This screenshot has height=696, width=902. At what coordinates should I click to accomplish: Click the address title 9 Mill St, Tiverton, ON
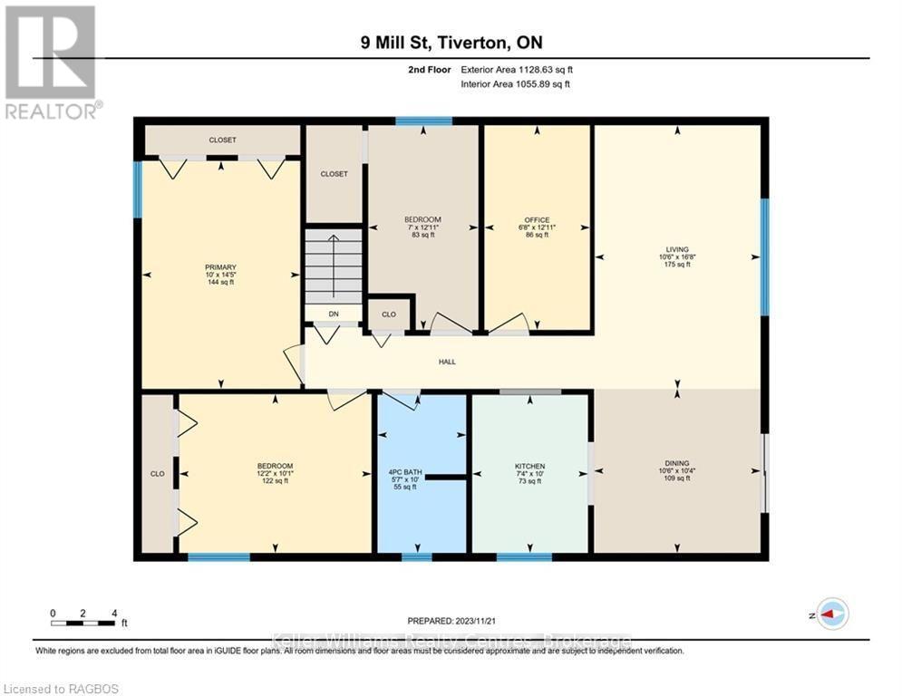(450, 43)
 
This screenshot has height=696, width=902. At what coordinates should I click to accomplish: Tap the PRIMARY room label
(220, 267)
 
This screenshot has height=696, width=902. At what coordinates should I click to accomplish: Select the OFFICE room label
(537, 220)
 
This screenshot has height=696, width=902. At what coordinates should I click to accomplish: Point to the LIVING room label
(677, 249)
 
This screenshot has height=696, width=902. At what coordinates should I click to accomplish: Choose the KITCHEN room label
(529, 467)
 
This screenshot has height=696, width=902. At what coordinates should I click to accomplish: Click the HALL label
(447, 362)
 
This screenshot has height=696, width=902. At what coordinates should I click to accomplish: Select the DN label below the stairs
(333, 314)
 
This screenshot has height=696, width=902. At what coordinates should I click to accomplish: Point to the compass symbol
(831, 614)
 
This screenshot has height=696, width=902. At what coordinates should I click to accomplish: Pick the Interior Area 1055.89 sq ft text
(516, 84)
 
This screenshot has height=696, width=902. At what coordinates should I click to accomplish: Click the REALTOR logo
(51, 62)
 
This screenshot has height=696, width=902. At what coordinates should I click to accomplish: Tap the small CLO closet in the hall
(388, 314)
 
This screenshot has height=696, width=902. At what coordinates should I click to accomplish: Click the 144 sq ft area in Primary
(220, 283)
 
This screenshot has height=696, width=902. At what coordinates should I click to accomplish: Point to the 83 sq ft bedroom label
(422, 235)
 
